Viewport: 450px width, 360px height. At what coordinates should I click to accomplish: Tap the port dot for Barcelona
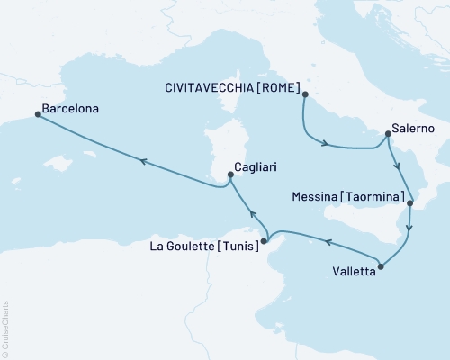coord(37,114)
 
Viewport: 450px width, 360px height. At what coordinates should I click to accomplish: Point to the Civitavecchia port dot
coord(305,94)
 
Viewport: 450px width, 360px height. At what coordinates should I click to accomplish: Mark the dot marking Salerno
coord(387,135)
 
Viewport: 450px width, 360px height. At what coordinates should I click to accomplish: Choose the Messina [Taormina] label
coord(347,195)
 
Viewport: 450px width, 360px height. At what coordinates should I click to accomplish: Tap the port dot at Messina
coord(410,203)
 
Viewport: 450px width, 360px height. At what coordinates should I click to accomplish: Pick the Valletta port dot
coord(382,266)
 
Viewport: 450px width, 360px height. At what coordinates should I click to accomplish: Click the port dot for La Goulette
coord(265,240)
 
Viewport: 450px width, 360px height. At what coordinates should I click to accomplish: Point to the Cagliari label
coord(261,166)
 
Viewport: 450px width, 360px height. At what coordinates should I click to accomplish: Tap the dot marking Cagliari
coord(231,175)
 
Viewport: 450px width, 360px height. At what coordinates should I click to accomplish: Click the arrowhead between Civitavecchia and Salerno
coord(323,142)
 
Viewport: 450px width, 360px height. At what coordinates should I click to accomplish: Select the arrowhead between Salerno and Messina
coord(397,166)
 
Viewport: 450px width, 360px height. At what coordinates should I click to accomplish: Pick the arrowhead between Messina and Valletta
coord(409,228)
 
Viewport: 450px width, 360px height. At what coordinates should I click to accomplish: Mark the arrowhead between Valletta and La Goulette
coord(328,242)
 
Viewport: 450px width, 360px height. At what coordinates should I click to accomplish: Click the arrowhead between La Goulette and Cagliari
coord(253,215)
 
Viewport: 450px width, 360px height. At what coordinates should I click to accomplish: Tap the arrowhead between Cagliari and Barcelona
coord(141,160)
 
